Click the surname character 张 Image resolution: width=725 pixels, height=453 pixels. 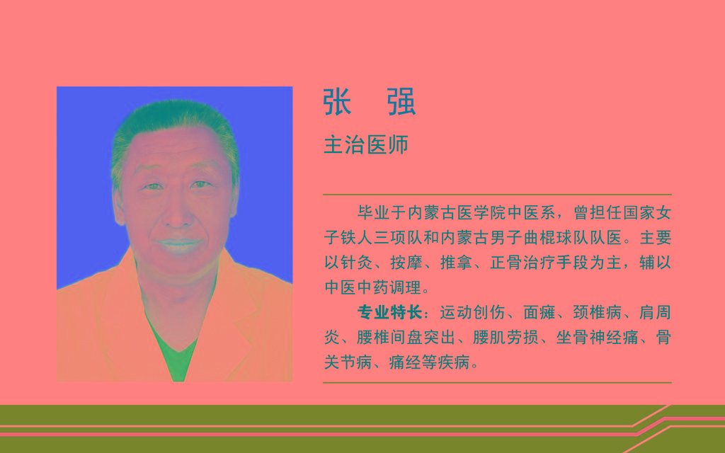click(x=337, y=102)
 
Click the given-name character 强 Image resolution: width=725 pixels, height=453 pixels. click(x=401, y=102)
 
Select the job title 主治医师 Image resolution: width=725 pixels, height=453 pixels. click(x=366, y=144)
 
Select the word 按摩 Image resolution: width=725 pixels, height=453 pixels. click(x=406, y=263)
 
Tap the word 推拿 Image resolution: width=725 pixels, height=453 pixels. click(x=457, y=263)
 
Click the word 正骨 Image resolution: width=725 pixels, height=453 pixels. click(x=506, y=263)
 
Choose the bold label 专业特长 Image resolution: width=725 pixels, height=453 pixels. click(x=390, y=312)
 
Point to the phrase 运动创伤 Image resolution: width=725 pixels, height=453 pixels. click(x=472, y=312)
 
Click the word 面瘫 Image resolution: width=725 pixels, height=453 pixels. click(x=539, y=312)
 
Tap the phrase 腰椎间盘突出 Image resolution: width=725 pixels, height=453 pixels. click(x=406, y=338)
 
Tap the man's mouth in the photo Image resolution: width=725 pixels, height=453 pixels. click(x=179, y=243)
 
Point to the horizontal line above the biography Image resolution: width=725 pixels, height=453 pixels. click(x=497, y=195)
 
